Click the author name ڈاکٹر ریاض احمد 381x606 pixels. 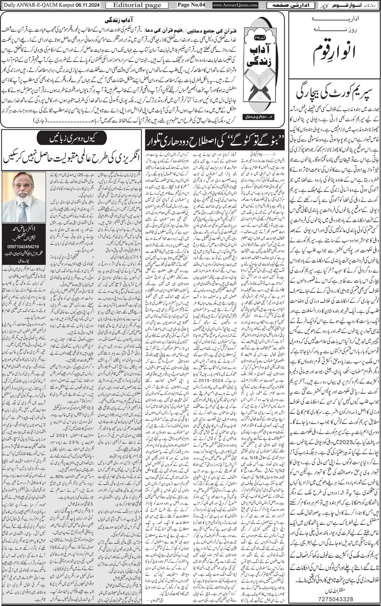(24, 230)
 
